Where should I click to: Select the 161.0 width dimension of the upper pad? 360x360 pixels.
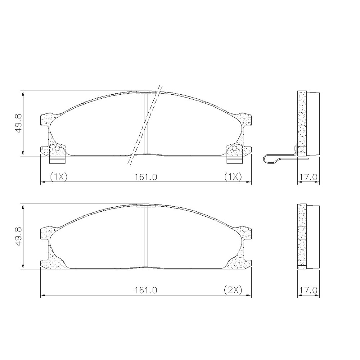click(146, 177)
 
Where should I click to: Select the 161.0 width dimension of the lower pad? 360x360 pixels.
click(146, 291)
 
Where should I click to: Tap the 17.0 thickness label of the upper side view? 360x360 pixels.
click(309, 177)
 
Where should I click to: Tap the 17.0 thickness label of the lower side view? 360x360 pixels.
click(309, 291)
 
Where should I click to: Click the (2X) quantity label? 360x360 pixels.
click(233, 291)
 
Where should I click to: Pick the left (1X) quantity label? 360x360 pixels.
click(59, 177)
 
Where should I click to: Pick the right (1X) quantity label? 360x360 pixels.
click(233, 177)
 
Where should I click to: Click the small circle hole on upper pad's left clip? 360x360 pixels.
click(57, 148)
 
